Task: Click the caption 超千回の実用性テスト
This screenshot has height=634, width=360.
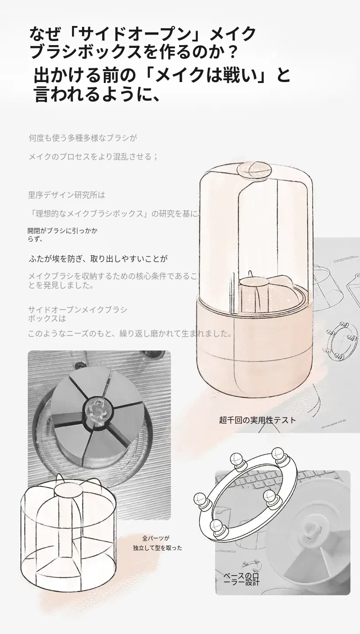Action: (257, 420)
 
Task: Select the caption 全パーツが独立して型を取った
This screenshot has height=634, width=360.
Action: (158, 542)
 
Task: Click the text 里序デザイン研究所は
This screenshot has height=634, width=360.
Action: (67, 195)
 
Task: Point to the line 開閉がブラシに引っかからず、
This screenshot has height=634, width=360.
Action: (62, 235)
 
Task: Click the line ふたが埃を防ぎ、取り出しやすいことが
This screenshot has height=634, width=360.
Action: (98, 258)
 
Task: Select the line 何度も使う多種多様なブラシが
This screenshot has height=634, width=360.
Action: (83, 138)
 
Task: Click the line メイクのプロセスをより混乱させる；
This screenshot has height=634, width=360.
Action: (93, 156)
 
